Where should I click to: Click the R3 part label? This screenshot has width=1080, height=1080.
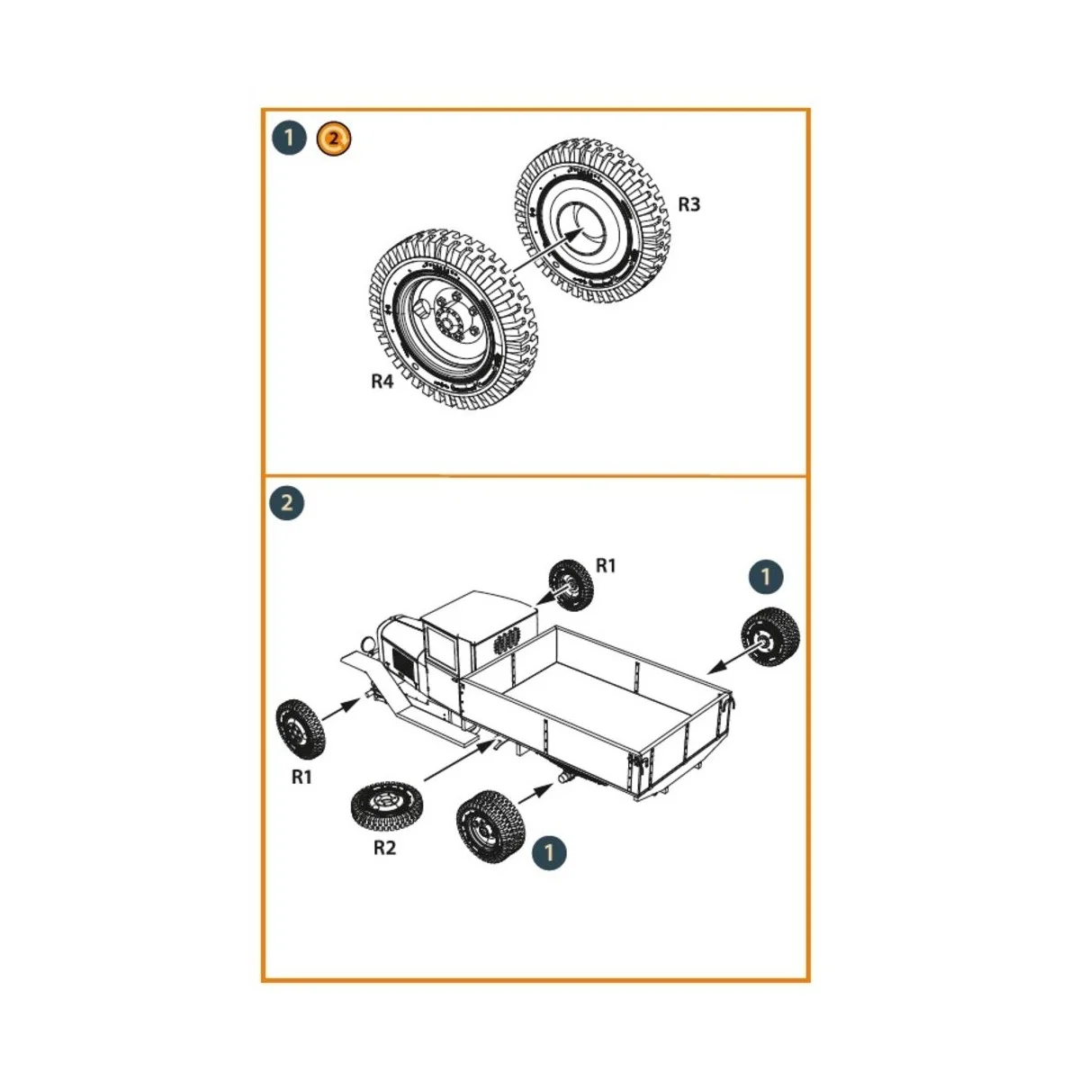pyautogui.click(x=688, y=204)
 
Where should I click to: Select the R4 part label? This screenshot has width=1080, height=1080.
pyautogui.click(x=382, y=382)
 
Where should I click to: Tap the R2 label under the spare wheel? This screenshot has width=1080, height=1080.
pyautogui.click(x=384, y=848)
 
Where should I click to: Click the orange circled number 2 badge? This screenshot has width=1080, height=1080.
pyautogui.click(x=334, y=139)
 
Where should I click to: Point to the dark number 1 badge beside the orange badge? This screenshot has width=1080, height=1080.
pyautogui.click(x=289, y=139)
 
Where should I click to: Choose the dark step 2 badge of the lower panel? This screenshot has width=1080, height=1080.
pyautogui.click(x=287, y=502)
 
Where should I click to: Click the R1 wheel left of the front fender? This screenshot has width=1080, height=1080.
pyautogui.click(x=300, y=728)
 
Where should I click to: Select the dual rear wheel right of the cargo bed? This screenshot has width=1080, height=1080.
pyautogui.click(x=769, y=638)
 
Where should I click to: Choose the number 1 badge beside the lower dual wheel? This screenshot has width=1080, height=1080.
pyautogui.click(x=550, y=851)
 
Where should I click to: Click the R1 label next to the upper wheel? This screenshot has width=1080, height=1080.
pyautogui.click(x=607, y=565)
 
